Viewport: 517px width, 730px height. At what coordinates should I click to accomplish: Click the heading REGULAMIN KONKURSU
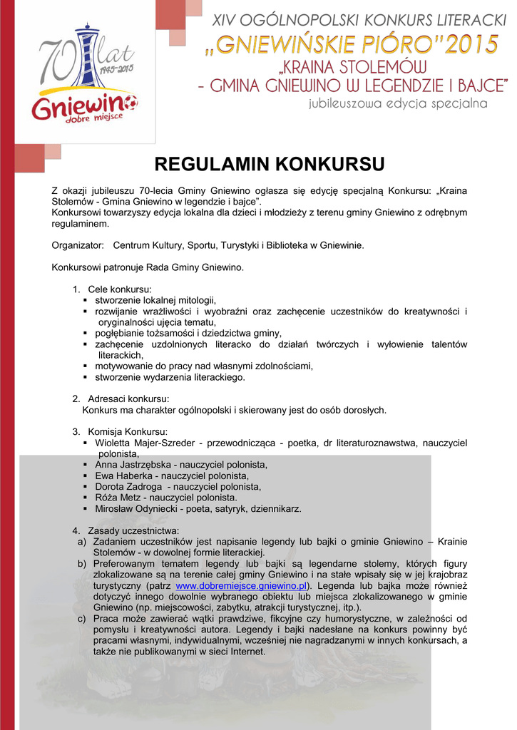[x=269, y=165]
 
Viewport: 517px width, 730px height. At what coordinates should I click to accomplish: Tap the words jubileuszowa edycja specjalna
[x=398, y=104]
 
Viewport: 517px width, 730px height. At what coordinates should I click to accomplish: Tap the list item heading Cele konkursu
[x=119, y=289]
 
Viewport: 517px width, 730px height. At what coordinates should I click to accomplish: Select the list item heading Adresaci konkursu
[x=128, y=399]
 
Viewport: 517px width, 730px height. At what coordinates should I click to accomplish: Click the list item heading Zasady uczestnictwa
[x=133, y=531]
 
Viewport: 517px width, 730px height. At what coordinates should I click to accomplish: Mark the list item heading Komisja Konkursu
[x=128, y=432]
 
